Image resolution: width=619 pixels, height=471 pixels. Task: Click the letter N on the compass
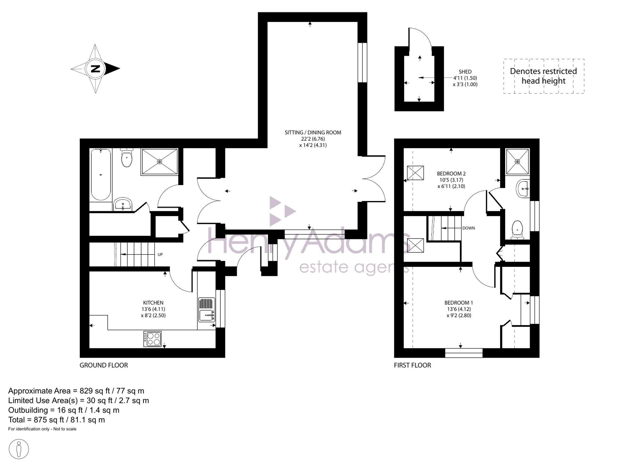95,68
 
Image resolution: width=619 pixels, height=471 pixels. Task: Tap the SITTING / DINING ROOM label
313,133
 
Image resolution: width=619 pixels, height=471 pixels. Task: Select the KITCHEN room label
153,303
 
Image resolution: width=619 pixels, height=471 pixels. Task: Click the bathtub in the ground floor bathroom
101,175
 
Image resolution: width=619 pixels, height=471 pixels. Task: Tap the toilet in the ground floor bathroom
127,157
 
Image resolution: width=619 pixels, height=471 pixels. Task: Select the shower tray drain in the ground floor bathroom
159,162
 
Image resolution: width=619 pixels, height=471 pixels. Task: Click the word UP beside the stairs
160,255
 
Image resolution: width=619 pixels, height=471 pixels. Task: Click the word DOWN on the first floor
469,228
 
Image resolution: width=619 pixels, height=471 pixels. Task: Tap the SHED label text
465,72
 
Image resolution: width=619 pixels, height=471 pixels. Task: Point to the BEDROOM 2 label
451,174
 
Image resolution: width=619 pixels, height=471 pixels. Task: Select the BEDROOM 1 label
459,303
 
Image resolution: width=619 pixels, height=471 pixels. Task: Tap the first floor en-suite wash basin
523,189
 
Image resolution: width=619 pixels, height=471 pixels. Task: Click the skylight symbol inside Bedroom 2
415,173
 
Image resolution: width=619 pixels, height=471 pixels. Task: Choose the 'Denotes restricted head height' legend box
544,76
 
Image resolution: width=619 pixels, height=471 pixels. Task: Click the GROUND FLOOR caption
104,365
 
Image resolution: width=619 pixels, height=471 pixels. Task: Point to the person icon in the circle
19,449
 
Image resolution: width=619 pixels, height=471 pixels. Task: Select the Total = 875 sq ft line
57,420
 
